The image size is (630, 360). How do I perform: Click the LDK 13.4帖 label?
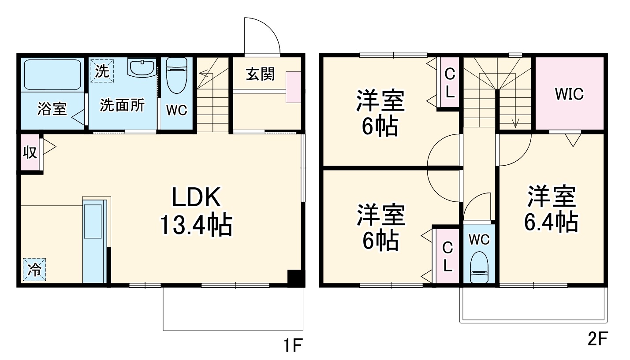coord(196,211)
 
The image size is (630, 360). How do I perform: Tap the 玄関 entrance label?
coord(260,74)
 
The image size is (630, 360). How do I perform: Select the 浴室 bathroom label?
coord(52,109)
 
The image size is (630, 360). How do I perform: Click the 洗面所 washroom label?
coord(123,105)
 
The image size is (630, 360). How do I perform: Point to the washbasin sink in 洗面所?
coord(142,67)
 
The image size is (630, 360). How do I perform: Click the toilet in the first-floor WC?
coord(177,75)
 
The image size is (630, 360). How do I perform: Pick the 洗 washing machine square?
coord(102,71)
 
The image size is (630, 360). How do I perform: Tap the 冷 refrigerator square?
coord(34,270)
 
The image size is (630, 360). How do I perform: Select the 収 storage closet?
coord(30,152)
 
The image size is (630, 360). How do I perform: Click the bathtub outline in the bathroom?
coord(52,75)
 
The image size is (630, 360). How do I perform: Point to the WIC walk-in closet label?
coord(569,94)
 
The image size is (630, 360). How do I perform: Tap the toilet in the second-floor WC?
coord(479,267)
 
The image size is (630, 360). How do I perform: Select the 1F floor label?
coord(293,345)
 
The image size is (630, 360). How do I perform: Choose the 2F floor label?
coord(597,339)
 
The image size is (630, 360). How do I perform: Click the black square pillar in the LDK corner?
coord(296,278)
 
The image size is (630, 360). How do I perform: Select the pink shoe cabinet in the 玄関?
coord(293,87)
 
